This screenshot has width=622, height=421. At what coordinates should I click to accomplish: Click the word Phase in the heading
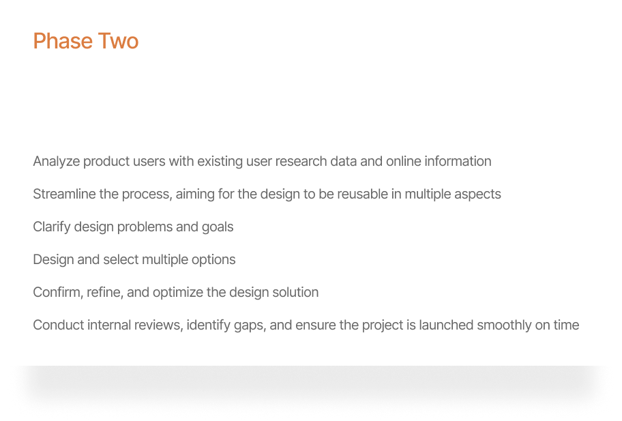tap(62, 41)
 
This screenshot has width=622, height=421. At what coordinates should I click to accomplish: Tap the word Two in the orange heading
tap(117, 41)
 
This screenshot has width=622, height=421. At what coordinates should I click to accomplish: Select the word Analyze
tap(56, 162)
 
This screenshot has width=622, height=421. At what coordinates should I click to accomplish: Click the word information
tap(457, 162)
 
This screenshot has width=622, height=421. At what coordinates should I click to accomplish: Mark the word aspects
tap(477, 194)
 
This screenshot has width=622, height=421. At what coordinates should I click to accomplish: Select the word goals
tap(218, 227)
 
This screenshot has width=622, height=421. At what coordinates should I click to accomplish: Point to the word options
tap(213, 260)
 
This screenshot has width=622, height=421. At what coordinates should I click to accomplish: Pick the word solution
tap(295, 293)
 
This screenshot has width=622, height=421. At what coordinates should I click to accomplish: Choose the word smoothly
tap(504, 325)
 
